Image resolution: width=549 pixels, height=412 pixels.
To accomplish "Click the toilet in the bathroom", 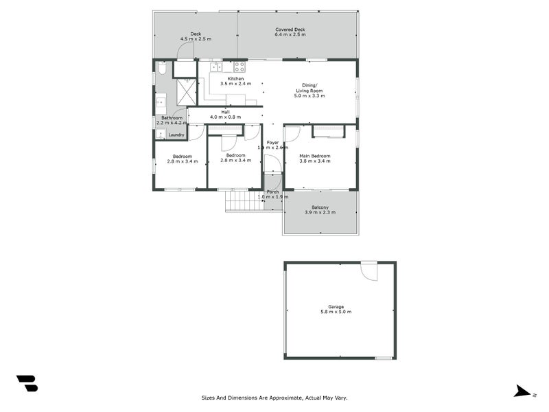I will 161,69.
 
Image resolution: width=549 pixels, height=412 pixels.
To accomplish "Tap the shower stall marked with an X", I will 185,90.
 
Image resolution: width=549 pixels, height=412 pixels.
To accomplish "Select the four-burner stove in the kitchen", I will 240,67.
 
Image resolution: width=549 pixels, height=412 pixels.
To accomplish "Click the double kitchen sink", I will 216,67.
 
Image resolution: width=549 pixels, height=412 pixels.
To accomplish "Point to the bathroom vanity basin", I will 161,103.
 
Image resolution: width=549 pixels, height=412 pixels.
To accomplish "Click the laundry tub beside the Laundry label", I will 160,135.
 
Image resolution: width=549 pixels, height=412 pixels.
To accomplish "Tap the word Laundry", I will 176,135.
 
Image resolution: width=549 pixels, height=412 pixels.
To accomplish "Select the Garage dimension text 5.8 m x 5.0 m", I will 336,312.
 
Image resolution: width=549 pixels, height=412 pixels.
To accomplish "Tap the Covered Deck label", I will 290,30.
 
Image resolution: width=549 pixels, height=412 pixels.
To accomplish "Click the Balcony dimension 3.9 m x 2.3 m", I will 320,213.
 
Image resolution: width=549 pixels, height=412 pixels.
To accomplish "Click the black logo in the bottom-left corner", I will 27,383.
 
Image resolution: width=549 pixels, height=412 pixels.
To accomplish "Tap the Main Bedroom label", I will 315,156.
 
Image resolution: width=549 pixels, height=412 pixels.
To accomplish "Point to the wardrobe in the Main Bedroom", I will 328,131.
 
